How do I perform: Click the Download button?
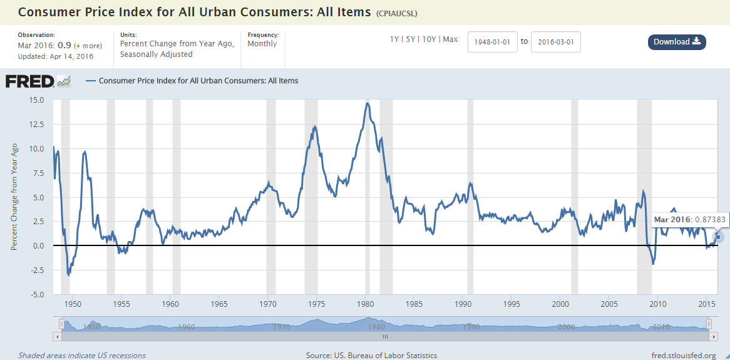[677, 42]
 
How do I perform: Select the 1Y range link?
[394, 39]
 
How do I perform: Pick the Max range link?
[450, 39]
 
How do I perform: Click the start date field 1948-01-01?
[493, 42]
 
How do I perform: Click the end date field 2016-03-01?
[556, 42]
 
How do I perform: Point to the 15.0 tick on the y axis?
[35, 100]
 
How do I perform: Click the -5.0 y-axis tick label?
[35, 294]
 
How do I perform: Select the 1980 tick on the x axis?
[366, 304]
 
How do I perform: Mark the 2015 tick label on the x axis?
[707, 304]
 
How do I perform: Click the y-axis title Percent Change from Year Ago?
[14, 197]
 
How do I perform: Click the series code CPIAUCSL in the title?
[396, 13]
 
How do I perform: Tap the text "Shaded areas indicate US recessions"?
[81, 356]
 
